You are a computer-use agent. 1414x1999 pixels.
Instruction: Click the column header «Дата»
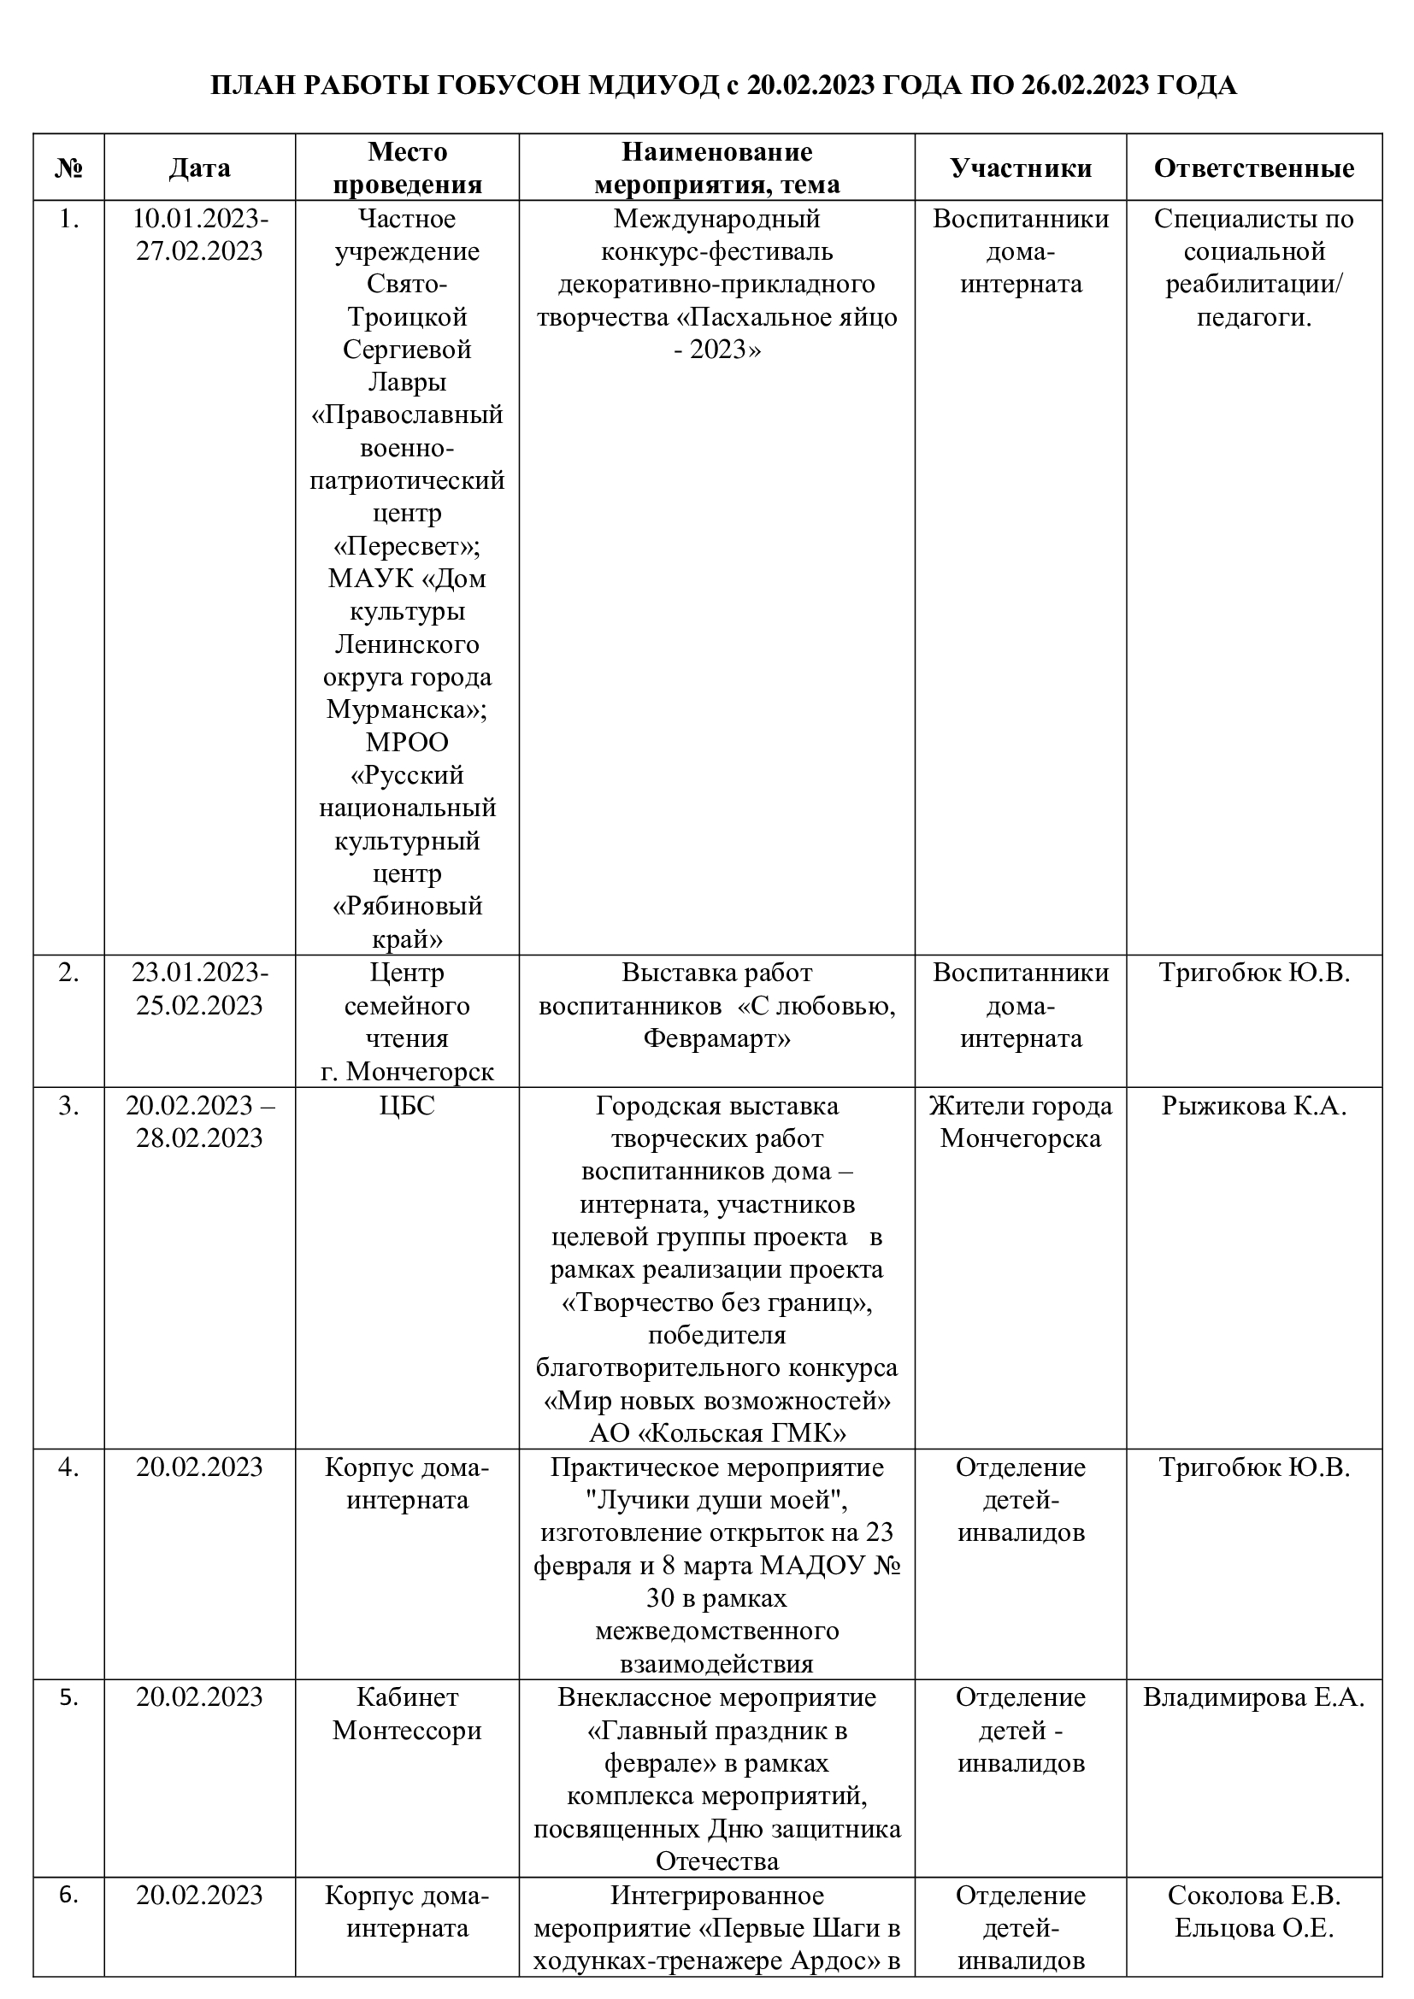(199, 168)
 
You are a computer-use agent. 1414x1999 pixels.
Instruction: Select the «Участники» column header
(1021, 168)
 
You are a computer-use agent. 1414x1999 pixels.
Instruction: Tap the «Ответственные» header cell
(1254, 168)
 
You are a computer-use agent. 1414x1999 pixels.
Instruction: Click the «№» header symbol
(68, 168)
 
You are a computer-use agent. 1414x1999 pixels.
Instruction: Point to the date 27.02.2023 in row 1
(199, 251)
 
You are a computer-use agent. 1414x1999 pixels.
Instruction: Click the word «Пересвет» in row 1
(408, 547)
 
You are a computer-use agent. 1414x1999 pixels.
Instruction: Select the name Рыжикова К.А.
(1254, 1106)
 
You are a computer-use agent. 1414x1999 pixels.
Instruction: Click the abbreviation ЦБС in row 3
(408, 1106)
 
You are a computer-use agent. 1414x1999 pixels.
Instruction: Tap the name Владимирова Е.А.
(1254, 1697)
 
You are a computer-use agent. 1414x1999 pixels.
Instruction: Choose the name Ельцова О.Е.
(1254, 1927)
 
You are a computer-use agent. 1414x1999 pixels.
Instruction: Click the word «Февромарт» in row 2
(716, 1038)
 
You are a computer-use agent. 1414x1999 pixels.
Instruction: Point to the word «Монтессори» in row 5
(408, 1730)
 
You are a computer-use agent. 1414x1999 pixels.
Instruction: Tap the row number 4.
(68, 1467)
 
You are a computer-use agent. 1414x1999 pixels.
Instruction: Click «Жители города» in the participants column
(1021, 1106)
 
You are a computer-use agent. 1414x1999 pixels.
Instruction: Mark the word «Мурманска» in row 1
(403, 709)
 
